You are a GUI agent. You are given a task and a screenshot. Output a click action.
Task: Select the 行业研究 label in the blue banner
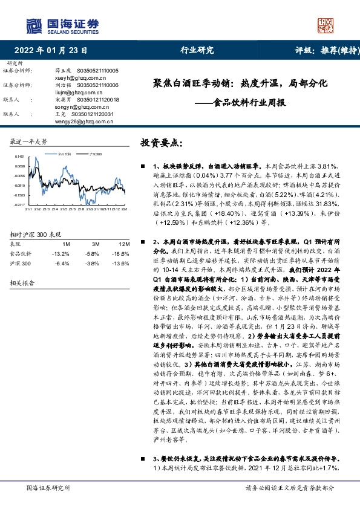pos(197,51)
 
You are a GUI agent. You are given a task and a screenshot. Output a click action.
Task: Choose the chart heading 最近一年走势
pos(29,141)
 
